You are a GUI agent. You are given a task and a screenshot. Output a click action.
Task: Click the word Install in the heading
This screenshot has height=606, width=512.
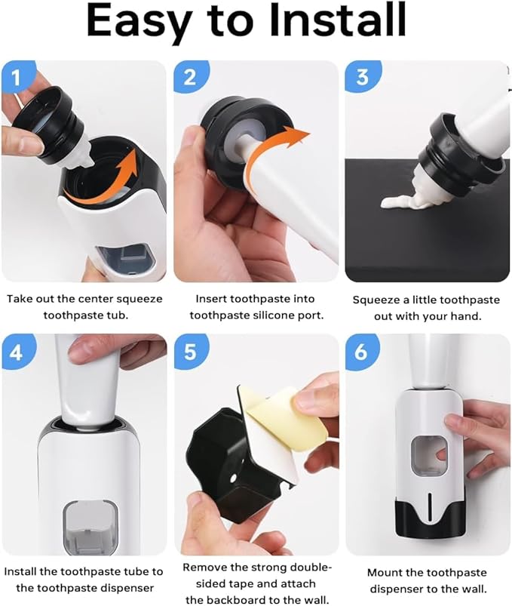pyautogui.click(x=335, y=22)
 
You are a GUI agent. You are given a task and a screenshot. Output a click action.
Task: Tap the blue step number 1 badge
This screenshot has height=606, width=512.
pyautogui.click(x=16, y=77)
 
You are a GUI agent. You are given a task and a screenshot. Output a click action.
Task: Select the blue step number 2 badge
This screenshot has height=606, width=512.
pyautogui.click(x=189, y=77)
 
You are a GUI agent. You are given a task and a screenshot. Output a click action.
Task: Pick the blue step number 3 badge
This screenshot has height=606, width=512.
pyautogui.click(x=360, y=77)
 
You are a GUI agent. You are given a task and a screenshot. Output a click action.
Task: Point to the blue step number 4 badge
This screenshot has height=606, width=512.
pyautogui.click(x=16, y=351)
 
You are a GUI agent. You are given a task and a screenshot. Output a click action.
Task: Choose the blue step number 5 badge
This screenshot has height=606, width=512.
pyautogui.click(x=189, y=351)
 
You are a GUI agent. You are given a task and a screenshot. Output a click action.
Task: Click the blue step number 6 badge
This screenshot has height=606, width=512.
pyautogui.click(x=360, y=351)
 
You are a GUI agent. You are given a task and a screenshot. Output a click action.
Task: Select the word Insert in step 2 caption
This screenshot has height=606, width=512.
pyautogui.click(x=213, y=299)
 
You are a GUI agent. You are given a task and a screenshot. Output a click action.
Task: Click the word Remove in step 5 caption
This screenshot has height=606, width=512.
pyautogui.click(x=206, y=568)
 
